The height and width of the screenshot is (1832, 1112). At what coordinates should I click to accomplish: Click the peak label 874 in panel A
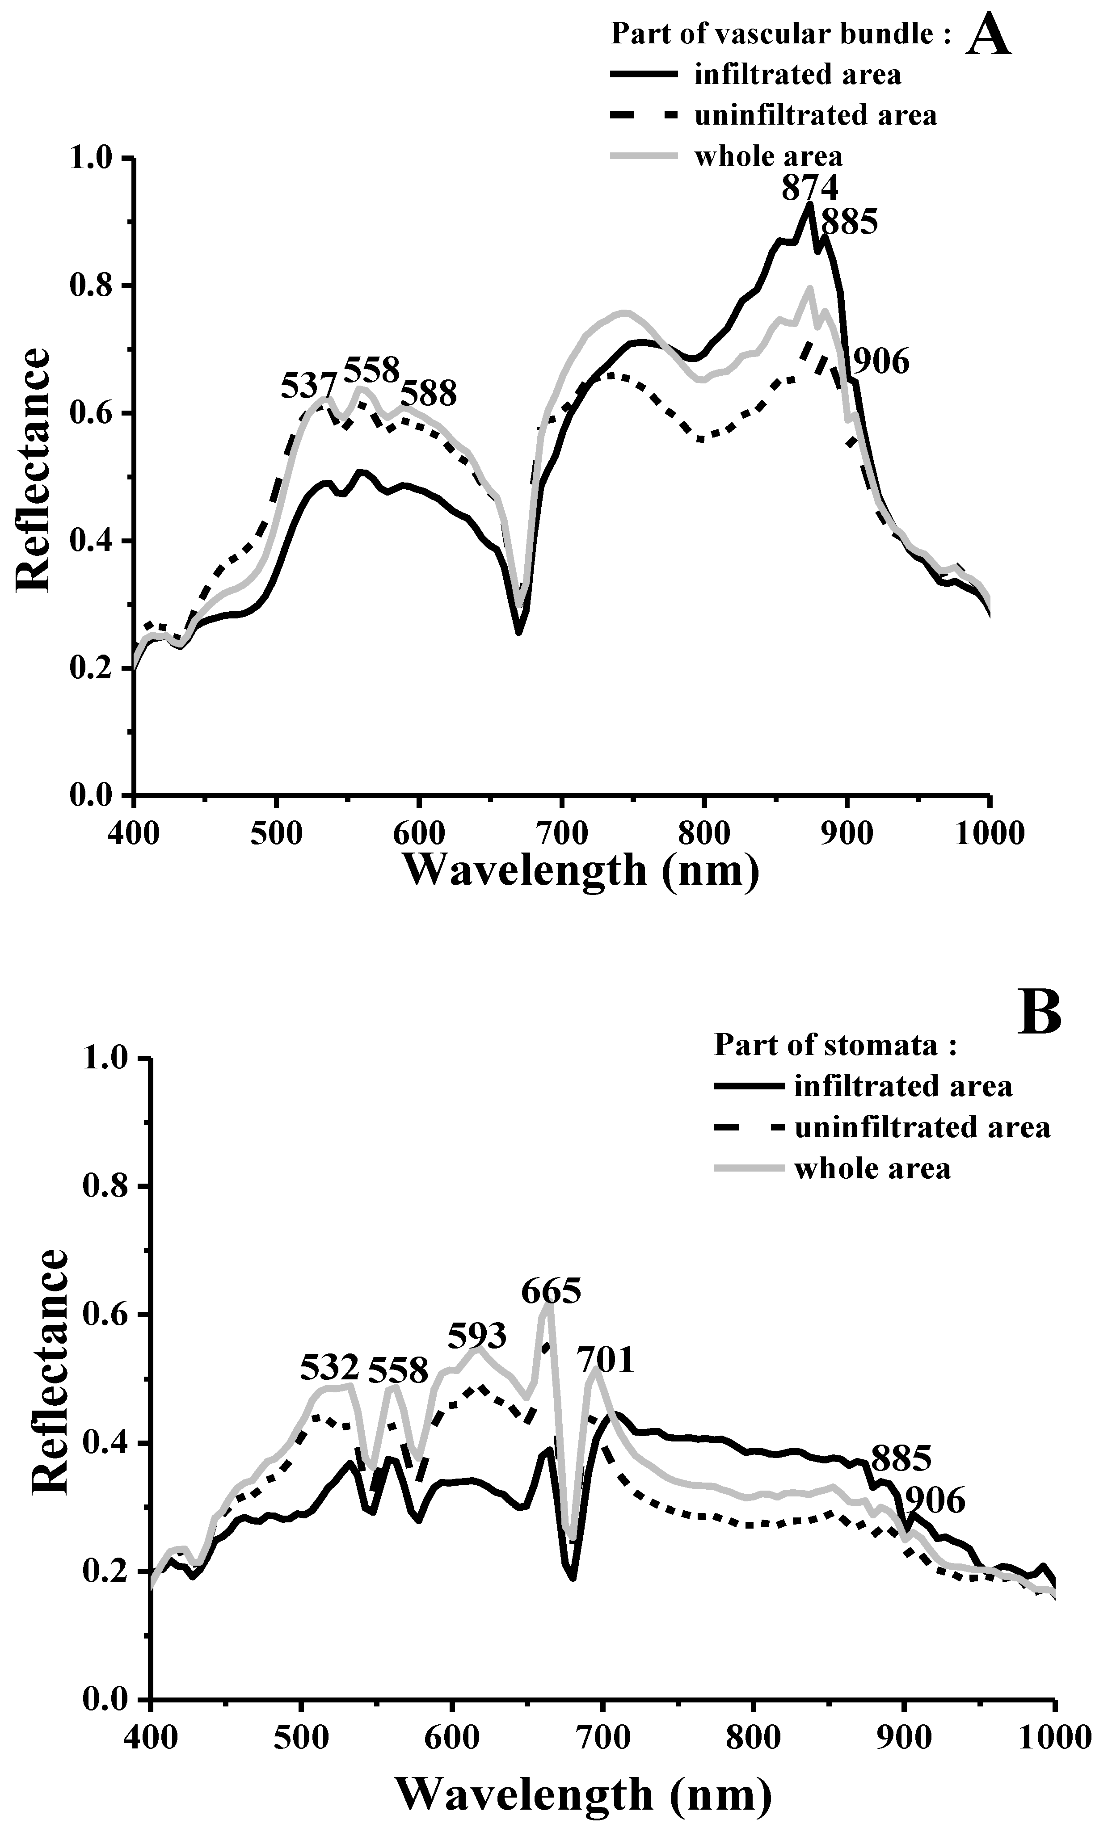click(x=809, y=188)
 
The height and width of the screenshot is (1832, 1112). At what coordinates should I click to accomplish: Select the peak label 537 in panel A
click(x=309, y=387)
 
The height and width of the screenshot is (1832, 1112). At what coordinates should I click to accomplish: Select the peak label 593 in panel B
click(x=477, y=1336)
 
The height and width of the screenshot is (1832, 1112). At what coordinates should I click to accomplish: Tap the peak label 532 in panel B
click(x=329, y=1366)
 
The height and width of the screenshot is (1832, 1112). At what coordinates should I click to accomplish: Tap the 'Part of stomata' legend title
click(x=834, y=1046)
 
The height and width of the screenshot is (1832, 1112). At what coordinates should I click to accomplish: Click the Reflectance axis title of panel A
click(x=34, y=470)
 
